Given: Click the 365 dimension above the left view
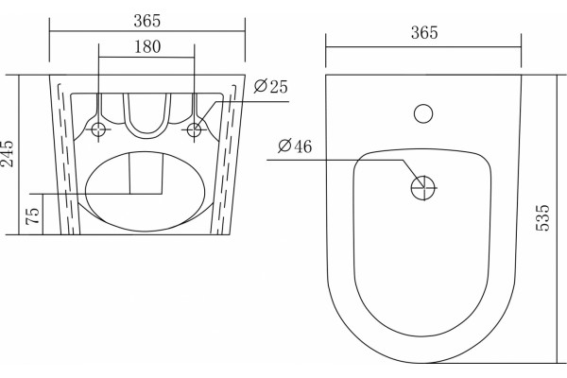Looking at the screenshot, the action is (x=146, y=21).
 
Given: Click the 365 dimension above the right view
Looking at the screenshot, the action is (x=424, y=32).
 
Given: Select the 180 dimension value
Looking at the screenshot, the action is (x=147, y=46).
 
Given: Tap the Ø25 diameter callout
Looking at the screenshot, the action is (x=270, y=86).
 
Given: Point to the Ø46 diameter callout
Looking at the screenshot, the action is (x=295, y=146).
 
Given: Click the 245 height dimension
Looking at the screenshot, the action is (x=8, y=153).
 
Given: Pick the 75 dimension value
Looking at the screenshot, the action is (x=33, y=216).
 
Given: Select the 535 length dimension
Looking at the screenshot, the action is (x=542, y=217).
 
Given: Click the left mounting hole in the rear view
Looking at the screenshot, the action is (x=98, y=129).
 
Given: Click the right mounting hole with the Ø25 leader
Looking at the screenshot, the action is (x=194, y=129).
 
